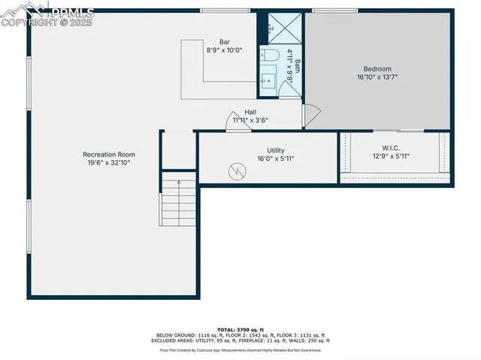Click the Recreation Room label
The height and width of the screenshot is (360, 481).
click(x=109, y=154)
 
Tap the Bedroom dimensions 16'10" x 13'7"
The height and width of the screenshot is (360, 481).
click(x=374, y=77)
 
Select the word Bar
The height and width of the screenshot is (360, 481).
click(x=224, y=41)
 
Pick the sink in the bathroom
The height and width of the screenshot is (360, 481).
click(x=268, y=78)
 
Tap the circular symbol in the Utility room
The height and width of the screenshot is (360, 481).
click(x=237, y=171)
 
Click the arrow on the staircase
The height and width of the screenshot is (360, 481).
click(x=179, y=181)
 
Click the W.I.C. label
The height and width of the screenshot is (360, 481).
click(x=391, y=148)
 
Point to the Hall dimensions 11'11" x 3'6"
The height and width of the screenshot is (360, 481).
click(x=250, y=119)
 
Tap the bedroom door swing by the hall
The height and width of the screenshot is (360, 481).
click(x=312, y=114)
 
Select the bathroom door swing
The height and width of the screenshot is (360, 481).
click(x=289, y=87)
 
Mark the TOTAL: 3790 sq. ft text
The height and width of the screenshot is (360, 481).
click(x=240, y=330)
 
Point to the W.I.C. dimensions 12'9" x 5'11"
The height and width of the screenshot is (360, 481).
click(x=391, y=156)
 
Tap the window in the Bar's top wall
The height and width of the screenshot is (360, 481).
click(x=215, y=11)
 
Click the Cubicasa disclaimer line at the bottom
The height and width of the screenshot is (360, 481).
click(x=240, y=349)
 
